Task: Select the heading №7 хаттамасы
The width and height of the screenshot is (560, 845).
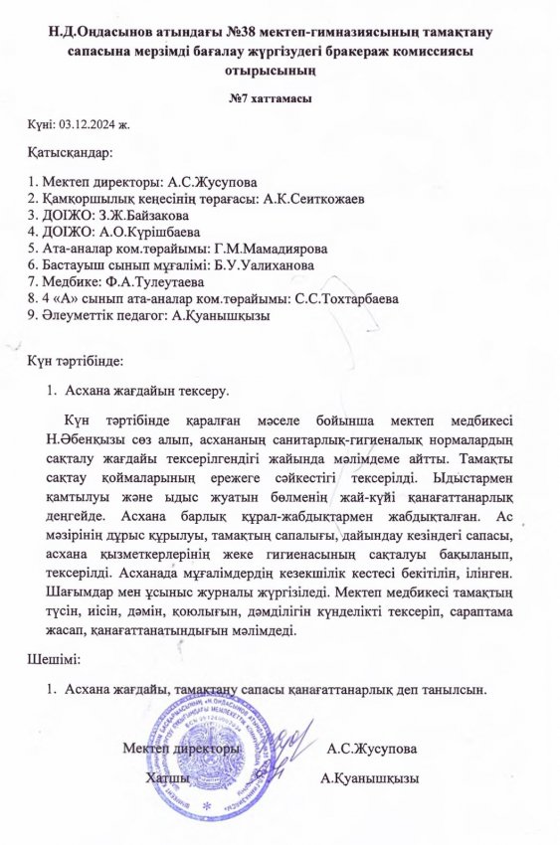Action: click(x=280, y=99)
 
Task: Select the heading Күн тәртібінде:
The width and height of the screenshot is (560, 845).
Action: click(x=83, y=363)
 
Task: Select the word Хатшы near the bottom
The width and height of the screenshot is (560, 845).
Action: click(x=168, y=776)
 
